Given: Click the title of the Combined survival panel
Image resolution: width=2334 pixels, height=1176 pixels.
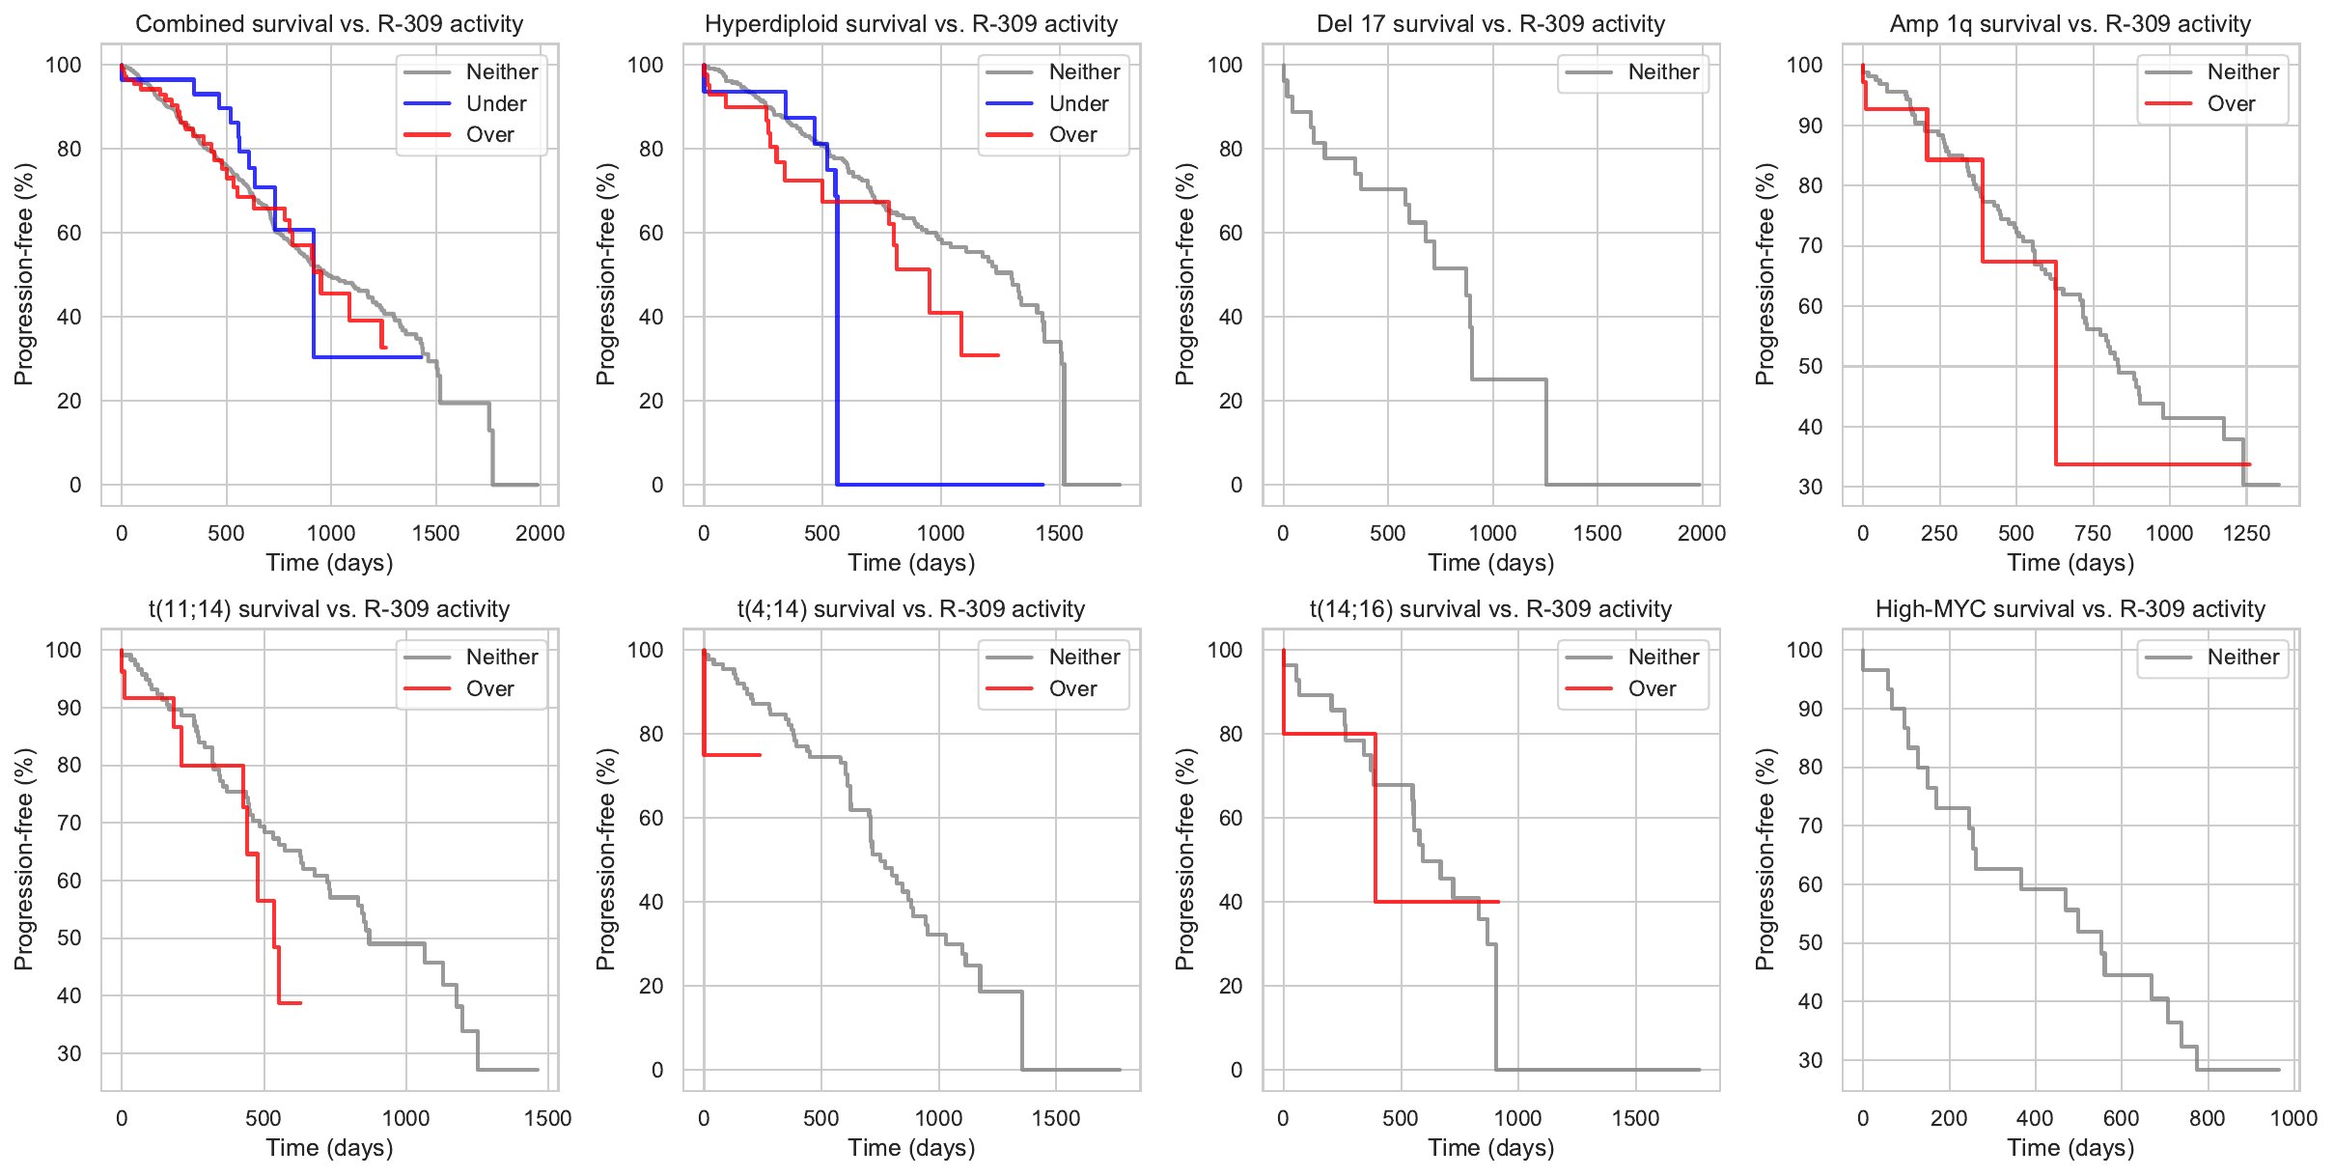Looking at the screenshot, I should point(329,24).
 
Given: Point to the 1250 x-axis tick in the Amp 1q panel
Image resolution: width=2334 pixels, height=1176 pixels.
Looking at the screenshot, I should point(2246,533).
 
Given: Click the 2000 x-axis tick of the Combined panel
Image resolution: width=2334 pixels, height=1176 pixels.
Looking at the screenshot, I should point(540,533).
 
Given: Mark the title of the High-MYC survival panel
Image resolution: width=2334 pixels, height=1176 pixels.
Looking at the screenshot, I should point(2070,609).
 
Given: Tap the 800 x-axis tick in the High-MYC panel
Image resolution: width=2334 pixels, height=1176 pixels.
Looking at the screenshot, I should point(2208,1118).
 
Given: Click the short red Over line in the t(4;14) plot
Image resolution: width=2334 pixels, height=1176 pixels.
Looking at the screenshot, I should point(734,754).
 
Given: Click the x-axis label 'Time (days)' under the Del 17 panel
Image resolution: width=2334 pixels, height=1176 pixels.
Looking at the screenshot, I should point(1490,563).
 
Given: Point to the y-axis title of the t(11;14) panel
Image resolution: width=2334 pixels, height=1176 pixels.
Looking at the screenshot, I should point(24,859).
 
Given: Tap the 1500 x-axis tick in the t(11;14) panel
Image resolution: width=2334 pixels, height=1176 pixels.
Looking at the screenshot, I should point(547,1118).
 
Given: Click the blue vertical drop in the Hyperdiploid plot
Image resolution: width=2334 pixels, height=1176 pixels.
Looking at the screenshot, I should point(837,338).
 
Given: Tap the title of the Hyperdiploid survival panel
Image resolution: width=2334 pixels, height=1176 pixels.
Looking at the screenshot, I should point(910,24).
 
